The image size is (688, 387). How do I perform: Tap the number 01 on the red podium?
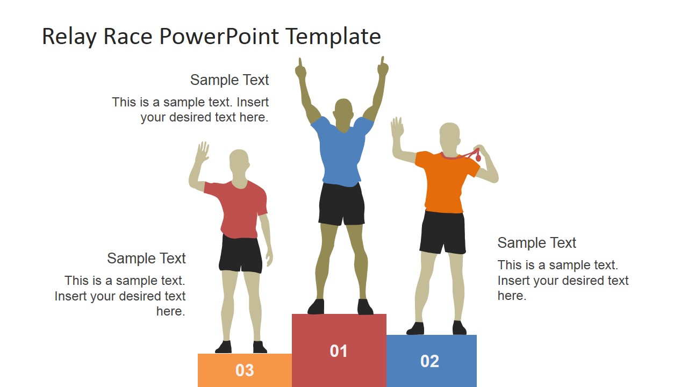tap(339, 351)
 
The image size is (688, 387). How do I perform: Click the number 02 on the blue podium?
tap(430, 361)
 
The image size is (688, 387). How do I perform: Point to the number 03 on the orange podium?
tap(245, 370)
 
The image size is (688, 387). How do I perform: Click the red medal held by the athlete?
tap(478, 157)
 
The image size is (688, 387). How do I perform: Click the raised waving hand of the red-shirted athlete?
tap(202, 153)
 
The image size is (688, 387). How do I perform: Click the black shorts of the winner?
tap(341, 204)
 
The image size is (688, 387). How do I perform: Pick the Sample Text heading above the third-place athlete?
tap(146, 259)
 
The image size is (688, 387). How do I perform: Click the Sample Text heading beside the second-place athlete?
tap(536, 243)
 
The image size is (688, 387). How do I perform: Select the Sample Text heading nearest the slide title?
tap(230, 80)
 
